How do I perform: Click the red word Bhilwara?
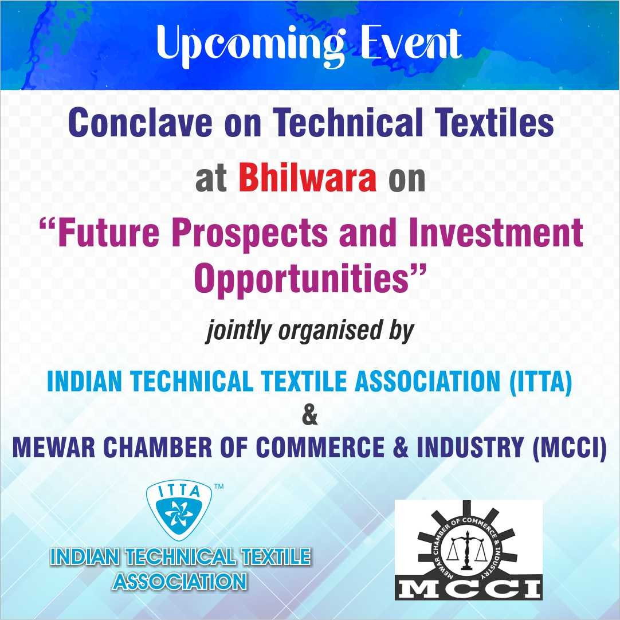pyautogui.click(x=308, y=178)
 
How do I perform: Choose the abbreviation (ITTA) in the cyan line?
pyautogui.click(x=540, y=382)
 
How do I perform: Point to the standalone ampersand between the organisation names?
pyautogui.click(x=309, y=415)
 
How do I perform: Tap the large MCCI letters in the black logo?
pyautogui.click(x=468, y=587)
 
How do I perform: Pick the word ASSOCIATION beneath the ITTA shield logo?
pyautogui.click(x=180, y=581)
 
